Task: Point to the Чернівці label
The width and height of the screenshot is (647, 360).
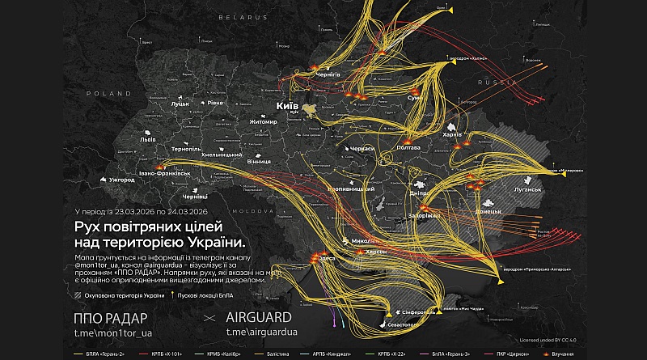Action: [x=197, y=196]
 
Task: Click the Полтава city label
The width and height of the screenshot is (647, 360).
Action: [x=409, y=147]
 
